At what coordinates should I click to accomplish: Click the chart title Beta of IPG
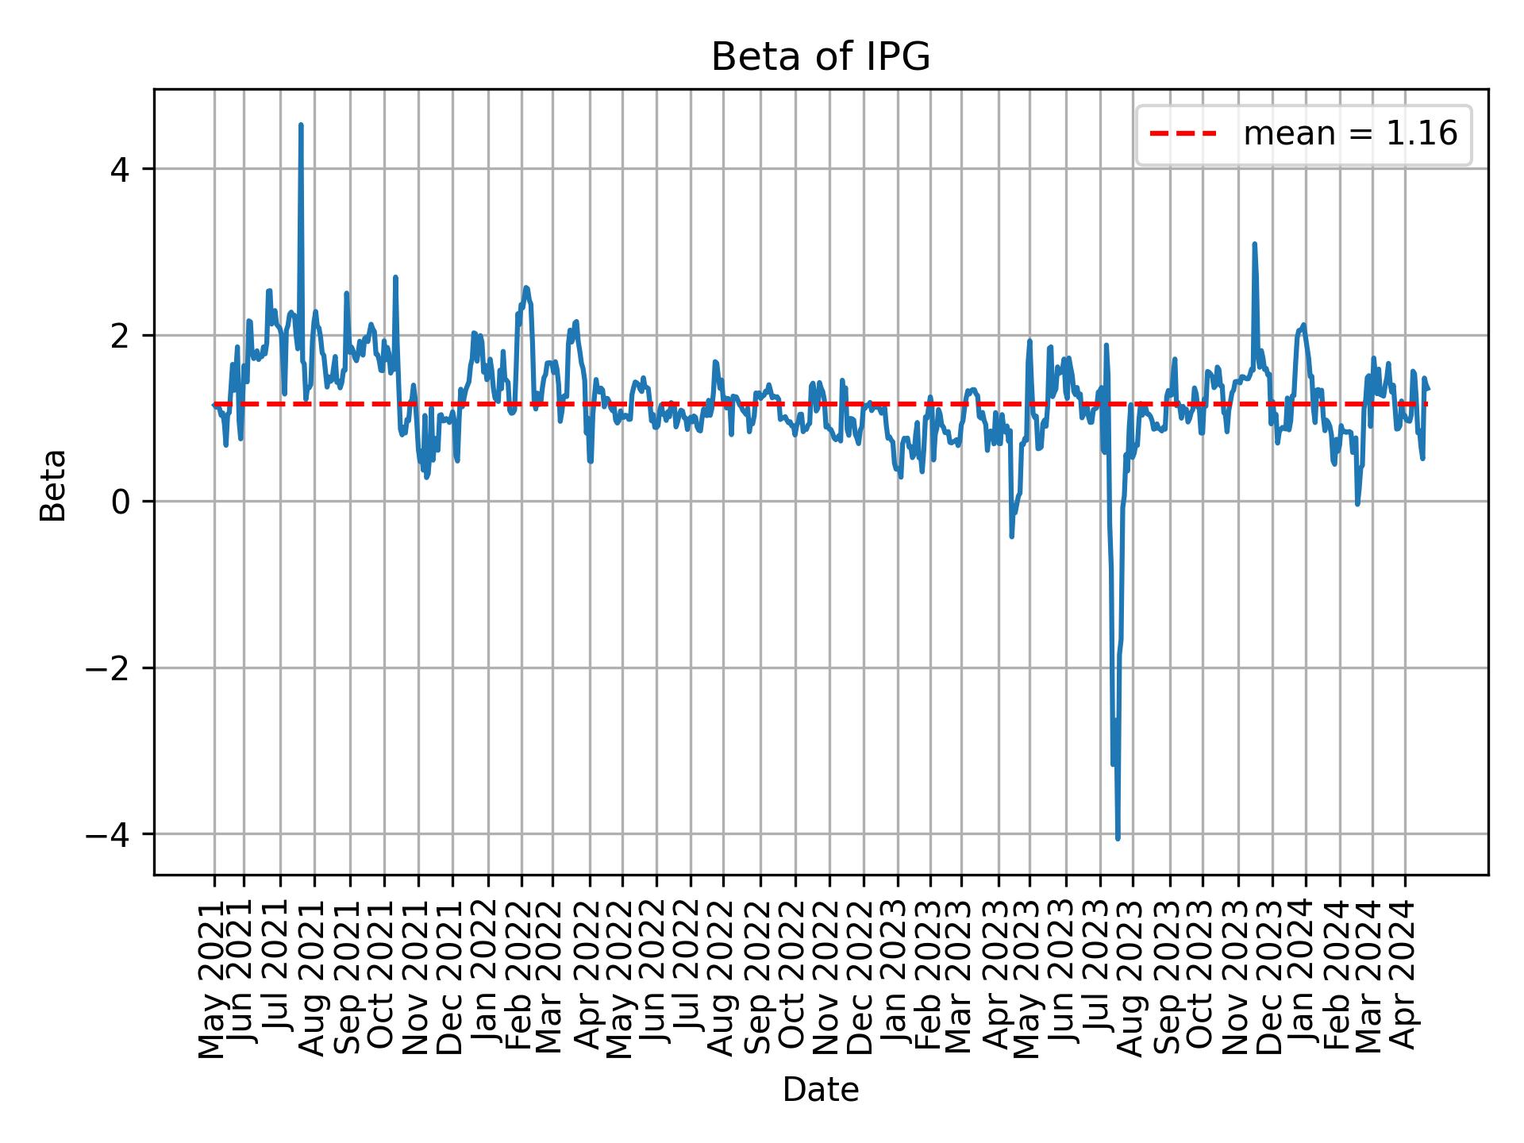point(820,57)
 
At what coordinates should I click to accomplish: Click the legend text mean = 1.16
point(1350,134)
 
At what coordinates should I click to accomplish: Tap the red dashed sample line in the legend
point(1183,134)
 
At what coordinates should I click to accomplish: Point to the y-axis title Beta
point(53,485)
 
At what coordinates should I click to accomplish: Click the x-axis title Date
point(820,1090)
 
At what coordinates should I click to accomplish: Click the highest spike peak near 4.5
point(300,125)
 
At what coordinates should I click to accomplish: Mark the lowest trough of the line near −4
point(1118,838)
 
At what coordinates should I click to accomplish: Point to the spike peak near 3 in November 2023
point(1254,244)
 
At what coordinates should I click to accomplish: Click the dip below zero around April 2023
point(1011,537)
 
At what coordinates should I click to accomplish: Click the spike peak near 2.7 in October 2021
point(395,278)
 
